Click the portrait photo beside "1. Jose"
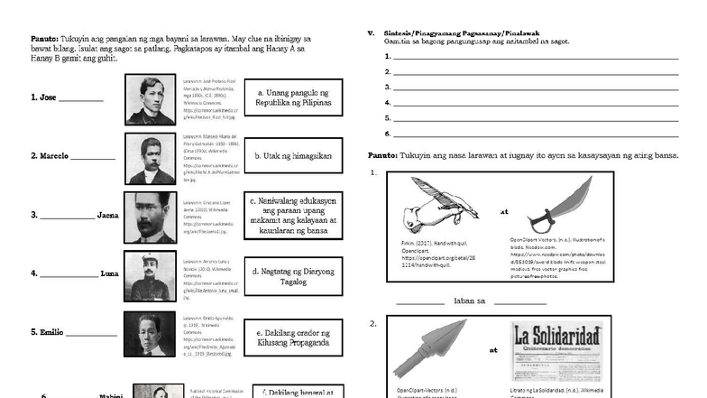point(151,98)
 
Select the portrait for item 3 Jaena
point(151,217)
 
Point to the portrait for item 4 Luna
point(151,274)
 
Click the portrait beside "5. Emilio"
point(151,333)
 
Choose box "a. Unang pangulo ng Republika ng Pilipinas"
point(293,97)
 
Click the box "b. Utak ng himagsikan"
point(293,156)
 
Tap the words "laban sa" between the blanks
point(470,301)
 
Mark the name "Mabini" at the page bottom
point(112,395)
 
